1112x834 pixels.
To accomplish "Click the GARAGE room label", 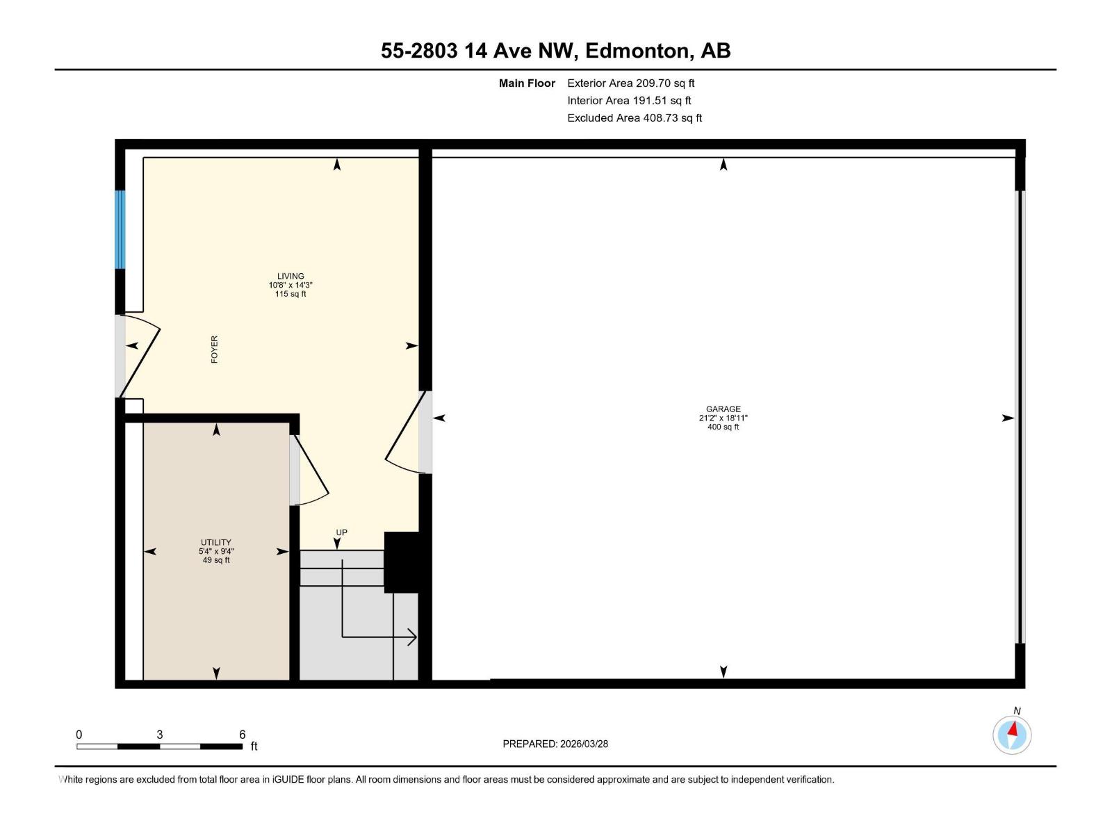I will tap(723, 409).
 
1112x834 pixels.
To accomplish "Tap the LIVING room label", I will tap(291, 276).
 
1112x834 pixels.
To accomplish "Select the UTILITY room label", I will tap(215, 542).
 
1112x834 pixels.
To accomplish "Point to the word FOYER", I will tap(214, 350).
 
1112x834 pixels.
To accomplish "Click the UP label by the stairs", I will tap(341, 532).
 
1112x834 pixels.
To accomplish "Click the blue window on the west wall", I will tap(120, 229).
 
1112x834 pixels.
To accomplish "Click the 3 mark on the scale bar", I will tap(160, 735).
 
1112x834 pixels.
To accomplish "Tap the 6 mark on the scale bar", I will tap(242, 735).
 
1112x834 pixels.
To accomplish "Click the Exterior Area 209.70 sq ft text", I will tap(630, 83).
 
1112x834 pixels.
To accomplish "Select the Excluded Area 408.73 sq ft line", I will tap(634, 118).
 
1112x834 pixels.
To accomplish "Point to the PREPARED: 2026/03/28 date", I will tap(555, 744).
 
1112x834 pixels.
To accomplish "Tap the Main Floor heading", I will tap(527, 83).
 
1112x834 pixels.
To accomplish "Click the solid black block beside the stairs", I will tap(402, 562).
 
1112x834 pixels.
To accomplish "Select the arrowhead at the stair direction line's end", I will tap(412, 637).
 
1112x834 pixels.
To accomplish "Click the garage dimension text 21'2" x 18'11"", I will tap(723, 418).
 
